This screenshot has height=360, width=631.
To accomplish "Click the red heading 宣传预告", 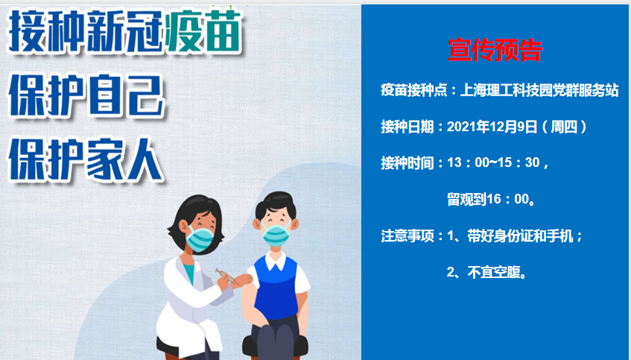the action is click(x=495, y=51).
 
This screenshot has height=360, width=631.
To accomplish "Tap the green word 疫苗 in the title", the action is click(x=203, y=32).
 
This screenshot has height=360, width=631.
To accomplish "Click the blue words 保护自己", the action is click(x=86, y=96).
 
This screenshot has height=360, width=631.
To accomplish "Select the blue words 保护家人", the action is click(x=86, y=160).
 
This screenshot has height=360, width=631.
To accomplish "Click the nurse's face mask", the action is click(x=200, y=239).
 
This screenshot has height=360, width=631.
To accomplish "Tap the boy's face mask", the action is click(x=276, y=235).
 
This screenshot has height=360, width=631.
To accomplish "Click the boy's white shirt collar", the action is click(x=276, y=262).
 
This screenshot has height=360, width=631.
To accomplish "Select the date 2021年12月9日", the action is click(x=492, y=127).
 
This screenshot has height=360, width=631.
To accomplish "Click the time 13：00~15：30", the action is click(x=493, y=162).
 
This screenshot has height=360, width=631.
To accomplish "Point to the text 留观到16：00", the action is click(x=488, y=199).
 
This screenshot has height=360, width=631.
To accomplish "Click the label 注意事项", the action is click(x=408, y=236).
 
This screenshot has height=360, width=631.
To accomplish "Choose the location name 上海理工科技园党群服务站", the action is click(x=539, y=90).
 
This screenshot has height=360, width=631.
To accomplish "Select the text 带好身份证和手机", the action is click(x=520, y=236).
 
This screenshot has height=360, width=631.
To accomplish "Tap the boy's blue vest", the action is click(x=276, y=288).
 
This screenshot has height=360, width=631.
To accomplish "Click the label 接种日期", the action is click(x=408, y=127).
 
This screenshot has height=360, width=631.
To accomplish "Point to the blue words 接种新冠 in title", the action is click(x=86, y=32).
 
